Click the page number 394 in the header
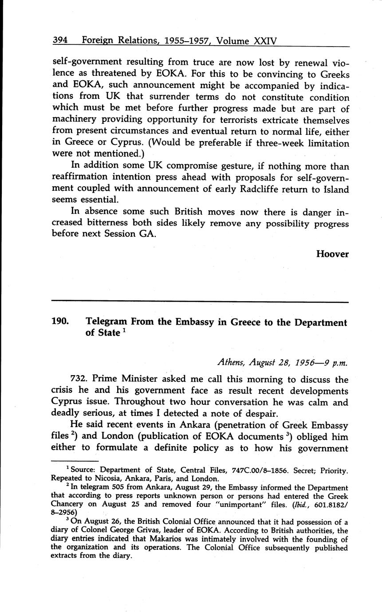(x=60, y=41)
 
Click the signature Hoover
(x=332, y=254)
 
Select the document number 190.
(x=60, y=322)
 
